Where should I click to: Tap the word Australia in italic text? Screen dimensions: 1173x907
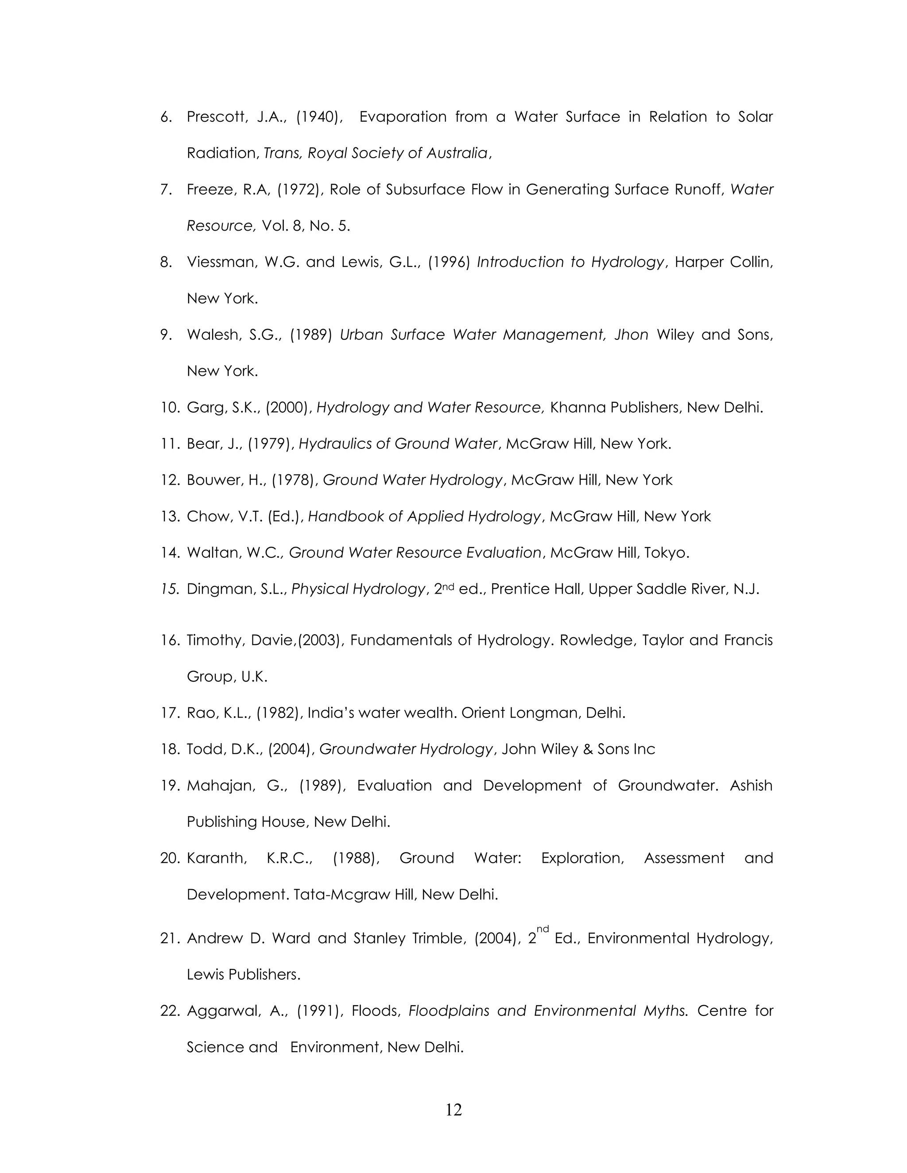pos(457,153)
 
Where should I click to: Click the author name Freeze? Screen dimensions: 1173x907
pos(211,189)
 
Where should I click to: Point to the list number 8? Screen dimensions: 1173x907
pos(166,262)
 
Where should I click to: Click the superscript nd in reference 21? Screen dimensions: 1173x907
pos(543,929)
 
